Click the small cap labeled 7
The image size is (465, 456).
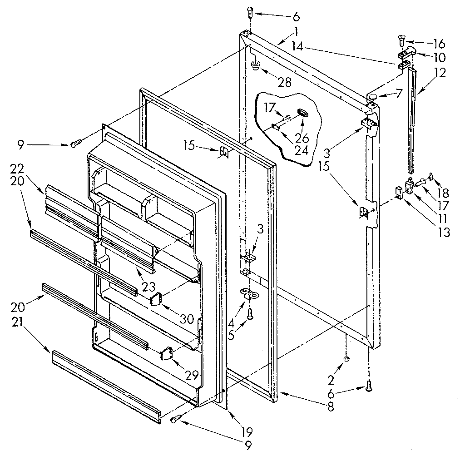[372, 96]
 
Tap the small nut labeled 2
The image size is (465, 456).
[346, 359]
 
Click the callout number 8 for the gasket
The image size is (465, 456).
[330, 407]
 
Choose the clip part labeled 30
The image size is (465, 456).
[157, 300]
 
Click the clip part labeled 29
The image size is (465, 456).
[166, 353]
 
